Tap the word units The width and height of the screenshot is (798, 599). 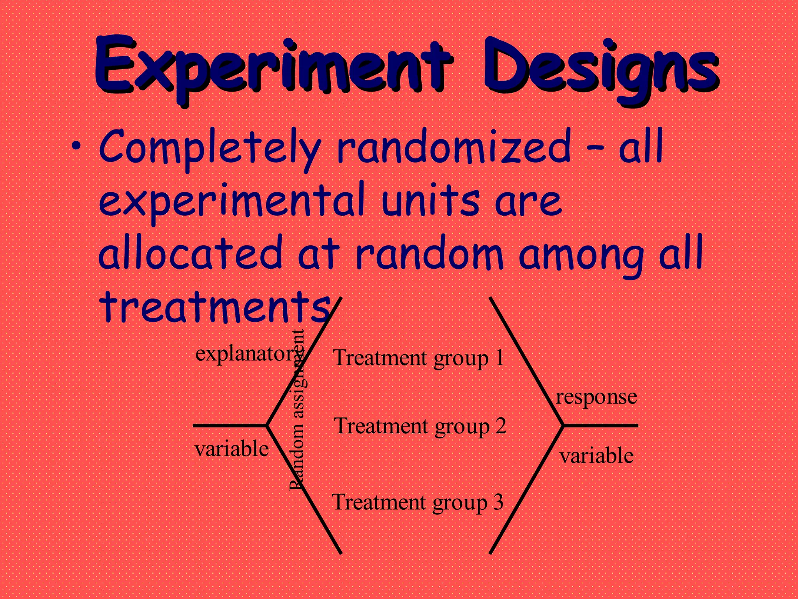click(430, 200)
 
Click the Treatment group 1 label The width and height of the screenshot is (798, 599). click(418, 358)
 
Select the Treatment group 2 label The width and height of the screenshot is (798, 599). click(420, 426)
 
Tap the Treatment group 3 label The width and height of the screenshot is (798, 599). click(417, 502)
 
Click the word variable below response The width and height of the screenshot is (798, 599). click(596, 455)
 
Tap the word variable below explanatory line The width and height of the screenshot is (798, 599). click(231, 449)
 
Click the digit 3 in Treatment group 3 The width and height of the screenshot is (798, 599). click(498, 502)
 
